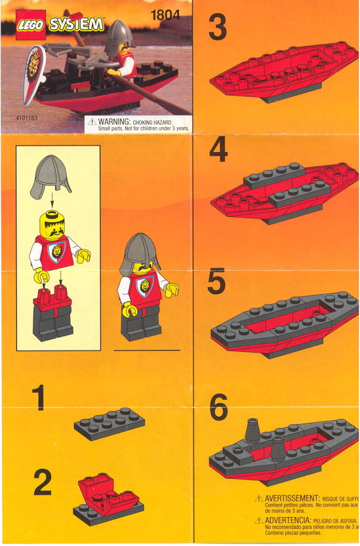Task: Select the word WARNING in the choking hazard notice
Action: coord(113,122)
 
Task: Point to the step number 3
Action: coord(218,28)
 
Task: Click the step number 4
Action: coord(218,151)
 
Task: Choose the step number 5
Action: coord(217,282)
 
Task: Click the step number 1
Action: coord(41,399)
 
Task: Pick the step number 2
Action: coord(42,483)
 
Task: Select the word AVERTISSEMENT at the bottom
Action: coord(292,499)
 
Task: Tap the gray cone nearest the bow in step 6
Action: coord(252,433)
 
